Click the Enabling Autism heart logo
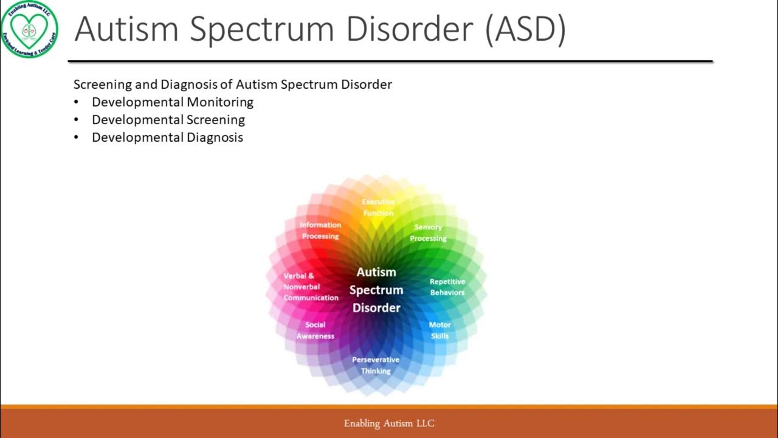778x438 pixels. (x=29, y=29)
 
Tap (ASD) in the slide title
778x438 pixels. (x=525, y=29)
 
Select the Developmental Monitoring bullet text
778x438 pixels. (x=173, y=102)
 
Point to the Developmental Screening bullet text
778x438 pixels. (x=168, y=120)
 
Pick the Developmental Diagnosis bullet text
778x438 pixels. (x=167, y=137)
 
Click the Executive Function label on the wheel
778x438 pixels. (x=378, y=207)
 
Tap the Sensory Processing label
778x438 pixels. (x=428, y=233)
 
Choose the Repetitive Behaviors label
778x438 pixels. (x=447, y=287)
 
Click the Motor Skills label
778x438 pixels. (x=440, y=330)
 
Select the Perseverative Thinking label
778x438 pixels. (x=376, y=366)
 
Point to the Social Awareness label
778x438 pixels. (x=315, y=330)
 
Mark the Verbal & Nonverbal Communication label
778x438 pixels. (x=311, y=287)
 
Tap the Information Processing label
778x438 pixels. (x=320, y=231)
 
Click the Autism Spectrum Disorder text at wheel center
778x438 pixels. (x=376, y=290)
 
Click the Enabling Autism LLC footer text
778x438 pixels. (x=389, y=423)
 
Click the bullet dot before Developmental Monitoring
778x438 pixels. (x=77, y=103)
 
